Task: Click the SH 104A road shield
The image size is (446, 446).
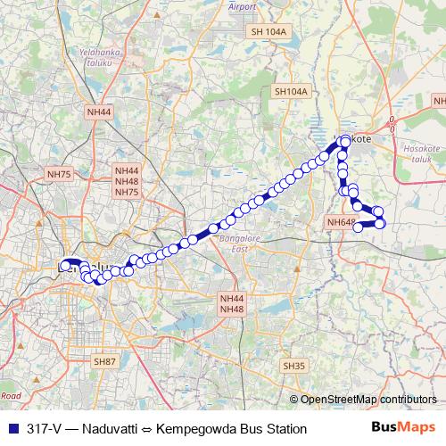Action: click(270, 31)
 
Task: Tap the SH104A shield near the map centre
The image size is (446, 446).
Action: click(291, 91)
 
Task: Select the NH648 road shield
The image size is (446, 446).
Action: click(342, 222)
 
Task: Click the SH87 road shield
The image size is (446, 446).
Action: click(105, 360)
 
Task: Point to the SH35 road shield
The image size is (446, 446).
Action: click(294, 366)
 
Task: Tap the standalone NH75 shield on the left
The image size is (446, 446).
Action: click(60, 175)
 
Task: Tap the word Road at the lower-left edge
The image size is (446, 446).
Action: click(11, 393)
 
